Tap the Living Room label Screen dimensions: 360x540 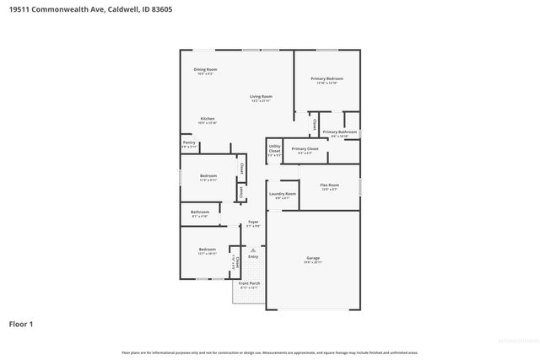(260, 97)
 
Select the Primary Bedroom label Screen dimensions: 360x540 (327, 79)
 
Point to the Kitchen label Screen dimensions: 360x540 (208, 119)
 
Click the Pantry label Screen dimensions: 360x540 (189, 143)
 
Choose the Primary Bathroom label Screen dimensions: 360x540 (340, 132)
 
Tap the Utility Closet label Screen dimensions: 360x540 (274, 148)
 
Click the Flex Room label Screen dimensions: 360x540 (329, 185)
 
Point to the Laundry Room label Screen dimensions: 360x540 (283, 194)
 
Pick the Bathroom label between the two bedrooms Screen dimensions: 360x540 (200, 212)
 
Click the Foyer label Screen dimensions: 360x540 (252, 222)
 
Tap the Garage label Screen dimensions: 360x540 (313, 258)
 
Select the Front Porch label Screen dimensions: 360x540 (249, 283)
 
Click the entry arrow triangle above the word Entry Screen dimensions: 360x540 (251, 250)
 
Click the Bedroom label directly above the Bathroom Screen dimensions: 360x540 (208, 175)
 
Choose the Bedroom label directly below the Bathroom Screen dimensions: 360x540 (207, 249)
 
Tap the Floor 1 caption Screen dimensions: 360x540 (21, 323)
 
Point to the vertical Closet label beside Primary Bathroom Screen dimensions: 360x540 (315, 124)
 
